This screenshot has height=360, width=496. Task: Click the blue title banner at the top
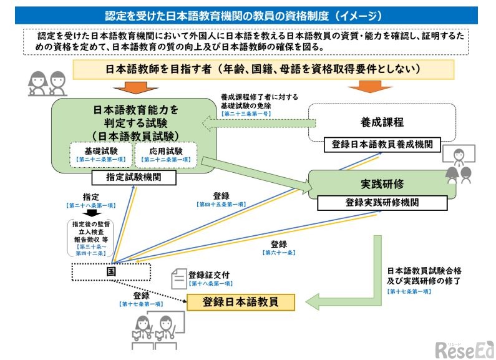coord(248,14)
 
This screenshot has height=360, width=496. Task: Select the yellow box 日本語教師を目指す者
coord(248,69)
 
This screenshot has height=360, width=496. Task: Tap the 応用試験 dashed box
coord(165,155)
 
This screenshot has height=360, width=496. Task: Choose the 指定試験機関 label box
coord(133,178)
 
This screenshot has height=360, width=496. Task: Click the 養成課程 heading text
coord(382,122)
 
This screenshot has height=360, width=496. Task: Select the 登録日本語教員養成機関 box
coord(382,145)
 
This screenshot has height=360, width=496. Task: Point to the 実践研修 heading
coord(381,185)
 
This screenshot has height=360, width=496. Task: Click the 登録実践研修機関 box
coord(382,203)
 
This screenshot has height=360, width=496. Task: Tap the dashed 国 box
coord(110,273)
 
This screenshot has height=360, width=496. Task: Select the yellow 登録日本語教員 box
coord(240,302)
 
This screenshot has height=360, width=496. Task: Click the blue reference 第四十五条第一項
coord(220,205)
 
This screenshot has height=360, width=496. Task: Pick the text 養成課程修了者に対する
coord(260,97)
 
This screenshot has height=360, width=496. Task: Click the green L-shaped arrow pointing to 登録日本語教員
coord(349,293)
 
